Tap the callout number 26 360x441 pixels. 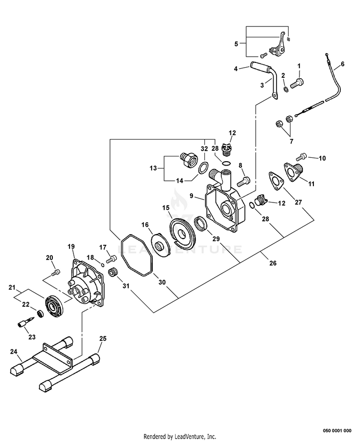(x=273, y=263)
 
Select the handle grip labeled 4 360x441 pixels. (x=259, y=68)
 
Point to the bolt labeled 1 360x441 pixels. (x=297, y=83)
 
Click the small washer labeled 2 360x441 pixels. (x=285, y=89)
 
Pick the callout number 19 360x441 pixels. (x=71, y=246)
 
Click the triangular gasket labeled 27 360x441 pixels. (x=276, y=179)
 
